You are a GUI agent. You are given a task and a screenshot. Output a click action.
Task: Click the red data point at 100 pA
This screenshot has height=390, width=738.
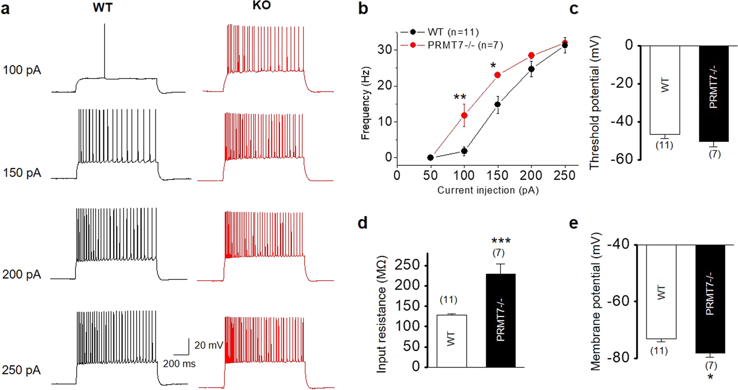[x=464, y=115]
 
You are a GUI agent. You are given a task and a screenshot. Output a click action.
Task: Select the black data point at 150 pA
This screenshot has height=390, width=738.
[x=498, y=104]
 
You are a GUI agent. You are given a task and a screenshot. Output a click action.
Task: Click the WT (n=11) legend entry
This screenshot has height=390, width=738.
[x=453, y=32]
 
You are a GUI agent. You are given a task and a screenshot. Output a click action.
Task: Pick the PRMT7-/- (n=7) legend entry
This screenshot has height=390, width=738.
[x=464, y=45]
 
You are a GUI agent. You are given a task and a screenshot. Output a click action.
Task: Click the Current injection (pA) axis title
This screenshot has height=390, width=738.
[x=488, y=191]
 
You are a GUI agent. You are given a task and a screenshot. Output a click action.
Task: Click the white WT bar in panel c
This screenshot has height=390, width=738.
[x=665, y=90]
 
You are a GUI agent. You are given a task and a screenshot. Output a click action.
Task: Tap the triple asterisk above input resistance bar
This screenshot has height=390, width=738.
[x=501, y=241]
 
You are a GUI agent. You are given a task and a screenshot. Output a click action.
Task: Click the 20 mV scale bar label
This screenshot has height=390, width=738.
[x=209, y=345]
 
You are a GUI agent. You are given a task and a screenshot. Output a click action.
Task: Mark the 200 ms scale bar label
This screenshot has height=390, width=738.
[x=179, y=364]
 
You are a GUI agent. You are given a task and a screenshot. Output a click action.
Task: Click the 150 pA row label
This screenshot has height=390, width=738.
[x=22, y=173]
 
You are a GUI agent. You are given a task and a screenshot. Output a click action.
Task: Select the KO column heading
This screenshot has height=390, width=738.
[x=261, y=6]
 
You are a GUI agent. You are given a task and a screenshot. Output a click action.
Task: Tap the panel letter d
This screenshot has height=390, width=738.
[x=362, y=223]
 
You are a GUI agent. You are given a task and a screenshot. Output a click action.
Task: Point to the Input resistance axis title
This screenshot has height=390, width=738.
[x=381, y=314]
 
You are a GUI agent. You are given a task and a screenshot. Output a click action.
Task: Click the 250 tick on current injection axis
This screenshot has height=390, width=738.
[x=565, y=175]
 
